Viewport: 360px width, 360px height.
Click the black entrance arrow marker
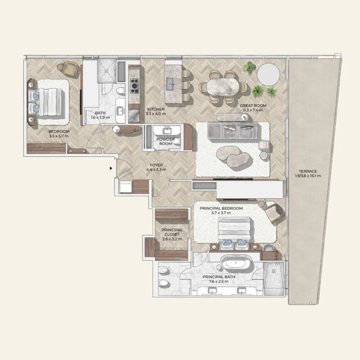111,168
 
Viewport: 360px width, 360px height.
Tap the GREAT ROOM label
253,105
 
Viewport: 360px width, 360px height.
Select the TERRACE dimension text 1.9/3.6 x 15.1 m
308,176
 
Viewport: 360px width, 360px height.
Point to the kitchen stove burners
135,86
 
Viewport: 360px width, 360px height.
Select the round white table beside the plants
268,75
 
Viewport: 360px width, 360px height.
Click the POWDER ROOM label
166,141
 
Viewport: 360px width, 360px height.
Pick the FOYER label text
156,165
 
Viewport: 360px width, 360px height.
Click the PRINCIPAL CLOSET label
172,232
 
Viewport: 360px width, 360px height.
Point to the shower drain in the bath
106,71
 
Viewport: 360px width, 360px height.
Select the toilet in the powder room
176,141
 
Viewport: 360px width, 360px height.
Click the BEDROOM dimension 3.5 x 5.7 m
59,136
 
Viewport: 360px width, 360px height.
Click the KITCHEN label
156,109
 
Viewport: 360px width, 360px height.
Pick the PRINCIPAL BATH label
219,277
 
